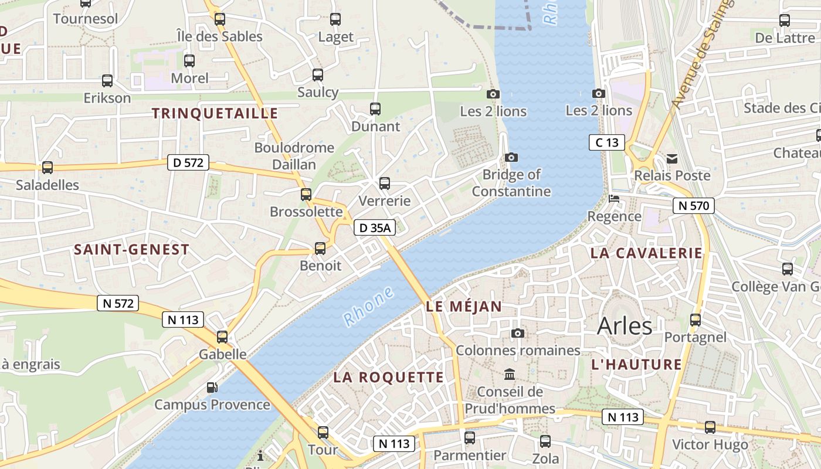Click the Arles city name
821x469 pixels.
[x=625, y=326]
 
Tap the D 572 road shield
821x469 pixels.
[x=188, y=162]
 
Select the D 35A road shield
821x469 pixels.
[x=374, y=227]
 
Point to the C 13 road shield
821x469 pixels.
[x=607, y=142]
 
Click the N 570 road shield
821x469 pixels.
[x=693, y=205]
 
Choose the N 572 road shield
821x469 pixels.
[x=118, y=303]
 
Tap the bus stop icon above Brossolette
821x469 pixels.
[x=306, y=194]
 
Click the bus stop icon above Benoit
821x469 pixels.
[x=320, y=248]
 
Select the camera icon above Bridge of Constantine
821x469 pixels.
[x=511, y=157]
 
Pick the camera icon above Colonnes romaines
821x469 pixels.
[x=518, y=333]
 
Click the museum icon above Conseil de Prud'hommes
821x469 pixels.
[x=510, y=374]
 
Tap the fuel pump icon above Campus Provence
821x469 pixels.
[x=212, y=387]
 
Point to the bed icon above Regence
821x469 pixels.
[x=614, y=199]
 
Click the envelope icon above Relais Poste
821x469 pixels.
[x=672, y=158]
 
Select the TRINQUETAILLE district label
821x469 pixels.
[x=215, y=113]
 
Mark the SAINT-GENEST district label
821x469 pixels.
[x=131, y=250]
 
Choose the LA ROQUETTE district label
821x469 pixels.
[x=388, y=377]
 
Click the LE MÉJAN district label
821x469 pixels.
[x=464, y=306]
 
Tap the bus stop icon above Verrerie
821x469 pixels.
[x=385, y=183]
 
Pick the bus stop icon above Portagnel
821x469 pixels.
[x=696, y=320]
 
